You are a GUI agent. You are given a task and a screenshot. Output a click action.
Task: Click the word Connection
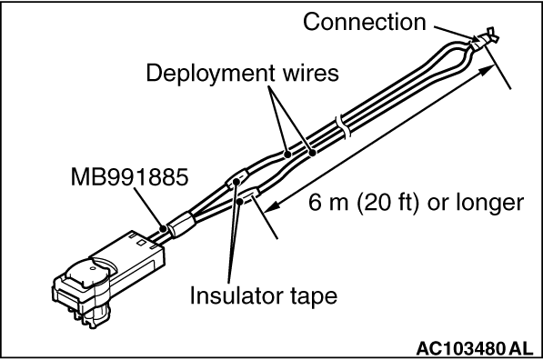365,22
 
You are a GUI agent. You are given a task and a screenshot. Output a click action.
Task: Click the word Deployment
211,74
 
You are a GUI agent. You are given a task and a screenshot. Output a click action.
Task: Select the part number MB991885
129,177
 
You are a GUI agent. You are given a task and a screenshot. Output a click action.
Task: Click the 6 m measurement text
328,203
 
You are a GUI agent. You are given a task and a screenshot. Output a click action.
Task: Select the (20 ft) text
387,203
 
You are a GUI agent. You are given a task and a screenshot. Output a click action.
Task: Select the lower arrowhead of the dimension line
273,206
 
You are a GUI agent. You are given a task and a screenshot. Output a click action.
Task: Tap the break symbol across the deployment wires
343,127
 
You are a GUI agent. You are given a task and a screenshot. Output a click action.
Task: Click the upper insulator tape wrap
237,178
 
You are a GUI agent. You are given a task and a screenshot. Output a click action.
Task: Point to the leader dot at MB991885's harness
163,228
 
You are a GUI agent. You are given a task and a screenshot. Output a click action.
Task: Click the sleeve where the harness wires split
181,225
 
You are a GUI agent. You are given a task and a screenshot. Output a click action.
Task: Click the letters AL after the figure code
522,348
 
